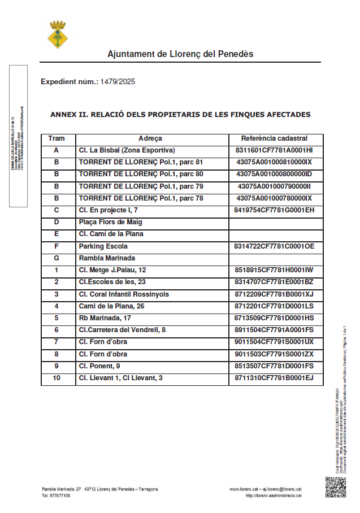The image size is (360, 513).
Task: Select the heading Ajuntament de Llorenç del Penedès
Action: (180, 54)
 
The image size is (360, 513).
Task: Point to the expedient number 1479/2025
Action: (118, 82)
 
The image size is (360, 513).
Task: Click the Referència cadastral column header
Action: (274, 138)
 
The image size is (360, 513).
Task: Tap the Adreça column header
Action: (150, 138)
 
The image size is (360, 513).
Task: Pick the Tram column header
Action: (57, 138)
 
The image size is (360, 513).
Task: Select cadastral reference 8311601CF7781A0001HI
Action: (274, 150)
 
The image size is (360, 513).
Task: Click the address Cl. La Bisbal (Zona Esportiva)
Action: (127, 150)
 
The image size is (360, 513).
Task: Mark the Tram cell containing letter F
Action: (57, 246)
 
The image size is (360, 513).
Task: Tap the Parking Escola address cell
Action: (103, 246)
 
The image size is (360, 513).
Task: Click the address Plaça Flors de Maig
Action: (111, 222)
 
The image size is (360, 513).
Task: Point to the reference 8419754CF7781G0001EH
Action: (274, 210)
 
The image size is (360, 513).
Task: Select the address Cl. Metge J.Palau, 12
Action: (113, 270)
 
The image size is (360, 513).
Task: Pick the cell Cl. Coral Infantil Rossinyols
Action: (124, 294)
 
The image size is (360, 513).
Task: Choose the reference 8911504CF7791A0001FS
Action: (274, 330)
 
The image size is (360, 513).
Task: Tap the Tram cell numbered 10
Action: (57, 378)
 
